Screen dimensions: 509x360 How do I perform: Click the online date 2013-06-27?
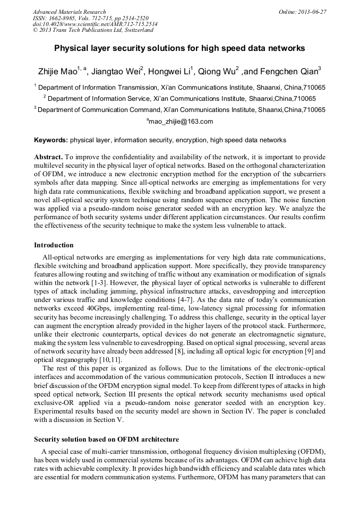tap(314, 11)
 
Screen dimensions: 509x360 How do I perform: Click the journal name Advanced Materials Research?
tap(69, 11)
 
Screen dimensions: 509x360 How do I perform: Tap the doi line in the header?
tap(95, 24)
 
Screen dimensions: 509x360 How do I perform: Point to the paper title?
tap(179, 48)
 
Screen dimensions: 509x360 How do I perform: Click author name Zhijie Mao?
tap(58, 71)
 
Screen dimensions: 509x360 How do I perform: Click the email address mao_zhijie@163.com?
tap(181, 122)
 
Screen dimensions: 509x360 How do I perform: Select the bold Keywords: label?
tap(50, 140)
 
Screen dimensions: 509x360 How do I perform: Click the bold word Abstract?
tap(48, 158)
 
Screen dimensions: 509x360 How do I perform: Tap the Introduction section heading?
tap(54, 245)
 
